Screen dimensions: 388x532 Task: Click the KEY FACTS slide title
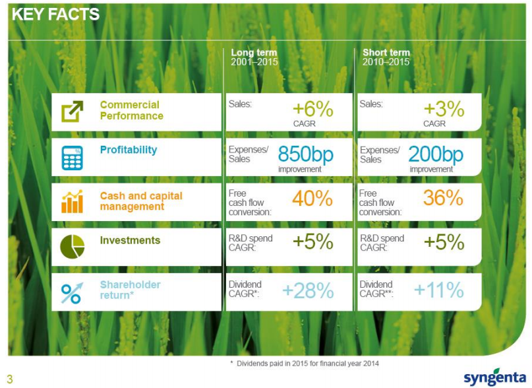click(55, 15)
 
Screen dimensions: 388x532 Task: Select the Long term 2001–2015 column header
click(254, 57)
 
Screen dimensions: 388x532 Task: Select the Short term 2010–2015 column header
click(386, 57)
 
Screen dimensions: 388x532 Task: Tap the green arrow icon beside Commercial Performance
click(73, 112)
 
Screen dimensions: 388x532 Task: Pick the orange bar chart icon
click(73, 202)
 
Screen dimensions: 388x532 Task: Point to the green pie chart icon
click(73, 247)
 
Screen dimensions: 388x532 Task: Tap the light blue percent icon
click(73, 292)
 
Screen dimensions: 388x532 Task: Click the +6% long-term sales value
click(312, 110)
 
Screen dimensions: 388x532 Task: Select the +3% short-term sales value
click(444, 110)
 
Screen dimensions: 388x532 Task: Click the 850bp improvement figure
click(305, 155)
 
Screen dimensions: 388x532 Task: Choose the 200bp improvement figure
click(436, 155)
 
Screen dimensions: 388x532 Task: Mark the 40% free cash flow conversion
click(312, 198)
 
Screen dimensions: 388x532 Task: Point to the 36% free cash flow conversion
click(443, 198)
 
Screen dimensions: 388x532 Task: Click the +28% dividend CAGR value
click(307, 290)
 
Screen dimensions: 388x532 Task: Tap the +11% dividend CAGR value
click(438, 290)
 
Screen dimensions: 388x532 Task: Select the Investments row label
click(130, 241)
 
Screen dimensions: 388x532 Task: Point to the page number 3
click(10, 379)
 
